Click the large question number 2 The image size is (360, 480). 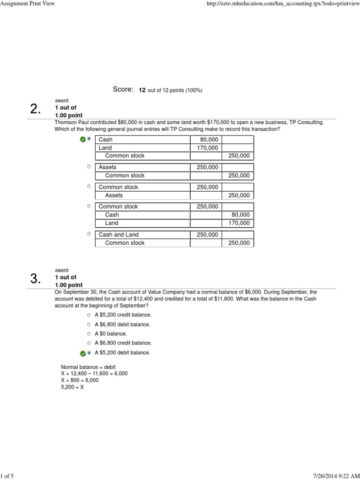35,110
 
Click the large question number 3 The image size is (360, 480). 35,279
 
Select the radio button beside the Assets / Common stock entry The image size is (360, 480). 89,166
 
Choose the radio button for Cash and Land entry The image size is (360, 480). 89,234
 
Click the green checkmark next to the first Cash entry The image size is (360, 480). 82,139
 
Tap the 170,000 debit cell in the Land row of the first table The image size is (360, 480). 206,148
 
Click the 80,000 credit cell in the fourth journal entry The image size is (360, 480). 238,215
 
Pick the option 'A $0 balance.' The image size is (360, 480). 111,334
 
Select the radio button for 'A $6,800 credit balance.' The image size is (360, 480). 89,343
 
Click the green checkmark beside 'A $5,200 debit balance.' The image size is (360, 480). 82,353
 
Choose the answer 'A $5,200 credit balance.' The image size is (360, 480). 123,315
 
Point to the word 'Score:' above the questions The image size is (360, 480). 123,89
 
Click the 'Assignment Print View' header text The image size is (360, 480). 28,4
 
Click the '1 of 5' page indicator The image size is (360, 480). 7,476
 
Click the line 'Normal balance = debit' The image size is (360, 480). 88,367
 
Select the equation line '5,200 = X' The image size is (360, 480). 72,388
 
